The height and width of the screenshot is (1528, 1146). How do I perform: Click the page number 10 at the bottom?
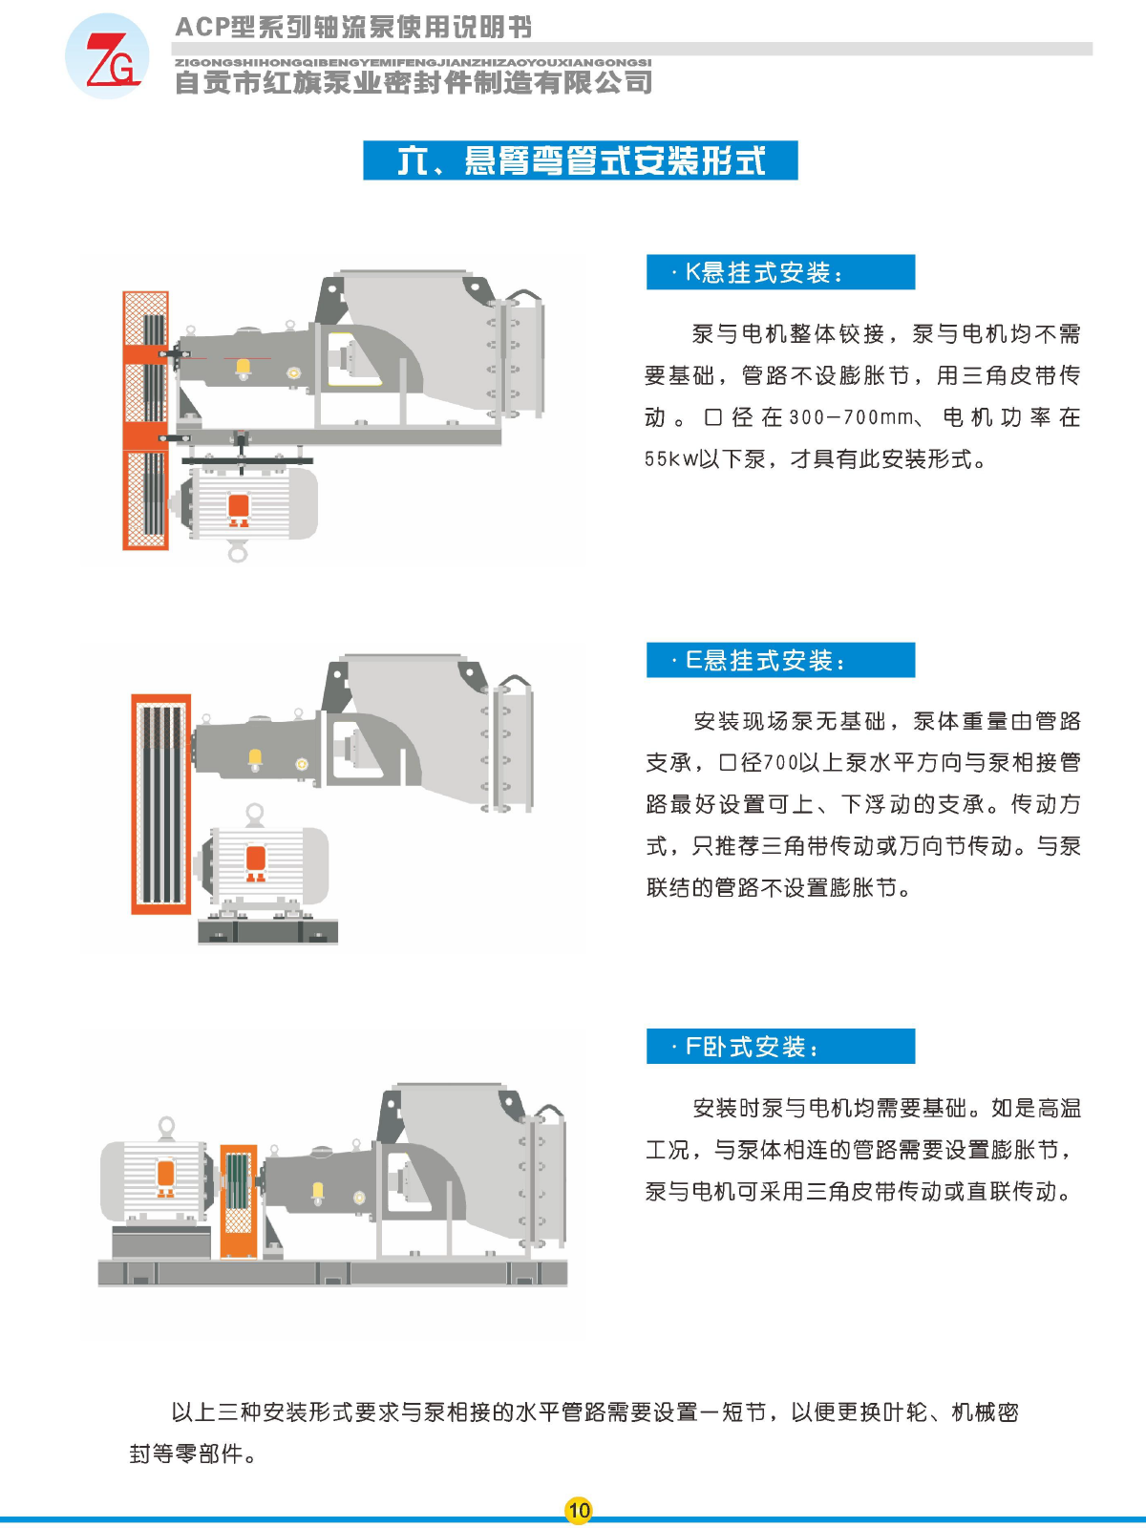coord(578,1510)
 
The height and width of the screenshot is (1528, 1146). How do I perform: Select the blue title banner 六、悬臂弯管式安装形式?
coord(581,160)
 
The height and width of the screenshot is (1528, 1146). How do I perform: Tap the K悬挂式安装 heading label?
coord(780,272)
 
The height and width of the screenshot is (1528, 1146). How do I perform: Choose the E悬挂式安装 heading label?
coord(780,660)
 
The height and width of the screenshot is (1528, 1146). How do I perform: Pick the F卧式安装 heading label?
coord(780,1047)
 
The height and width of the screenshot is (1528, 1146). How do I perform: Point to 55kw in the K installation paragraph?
coord(671,459)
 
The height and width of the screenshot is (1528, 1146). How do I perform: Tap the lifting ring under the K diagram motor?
coord(238,553)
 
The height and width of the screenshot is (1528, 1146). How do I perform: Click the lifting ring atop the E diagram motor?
coord(255,814)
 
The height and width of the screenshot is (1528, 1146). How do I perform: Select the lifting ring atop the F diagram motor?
coord(166,1127)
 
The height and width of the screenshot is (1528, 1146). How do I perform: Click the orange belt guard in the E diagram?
coord(161,804)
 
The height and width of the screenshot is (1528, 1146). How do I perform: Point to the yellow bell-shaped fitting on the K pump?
coord(243,369)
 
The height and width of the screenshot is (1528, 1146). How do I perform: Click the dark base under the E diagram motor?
coord(268,931)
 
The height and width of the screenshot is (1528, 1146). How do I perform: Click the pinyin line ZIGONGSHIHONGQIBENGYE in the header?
coord(413,63)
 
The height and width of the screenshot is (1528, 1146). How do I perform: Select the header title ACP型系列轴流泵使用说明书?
coord(353,27)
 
